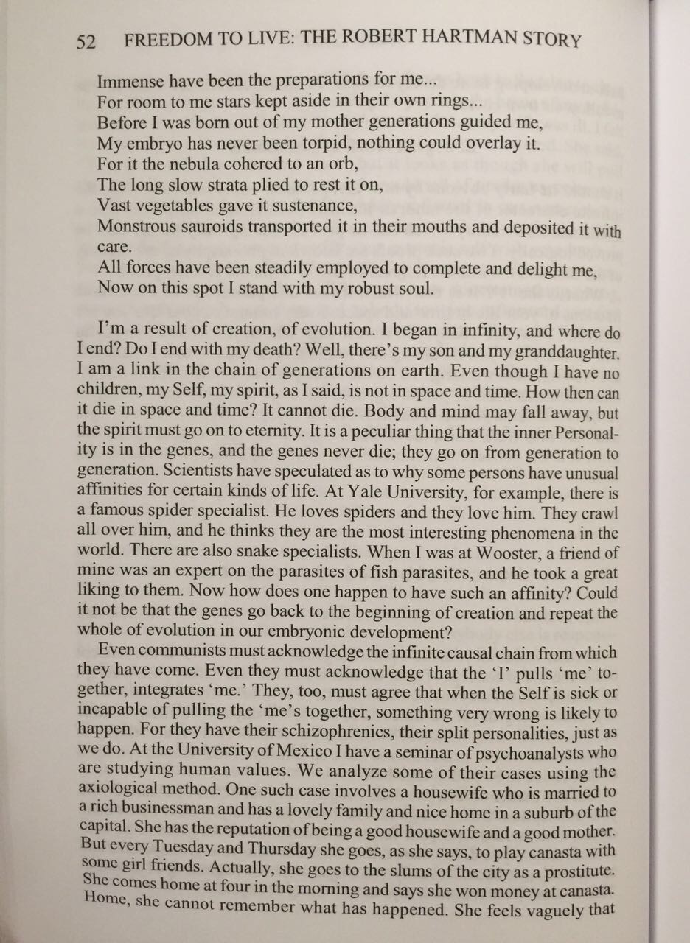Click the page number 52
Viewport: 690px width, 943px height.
click(86, 41)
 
